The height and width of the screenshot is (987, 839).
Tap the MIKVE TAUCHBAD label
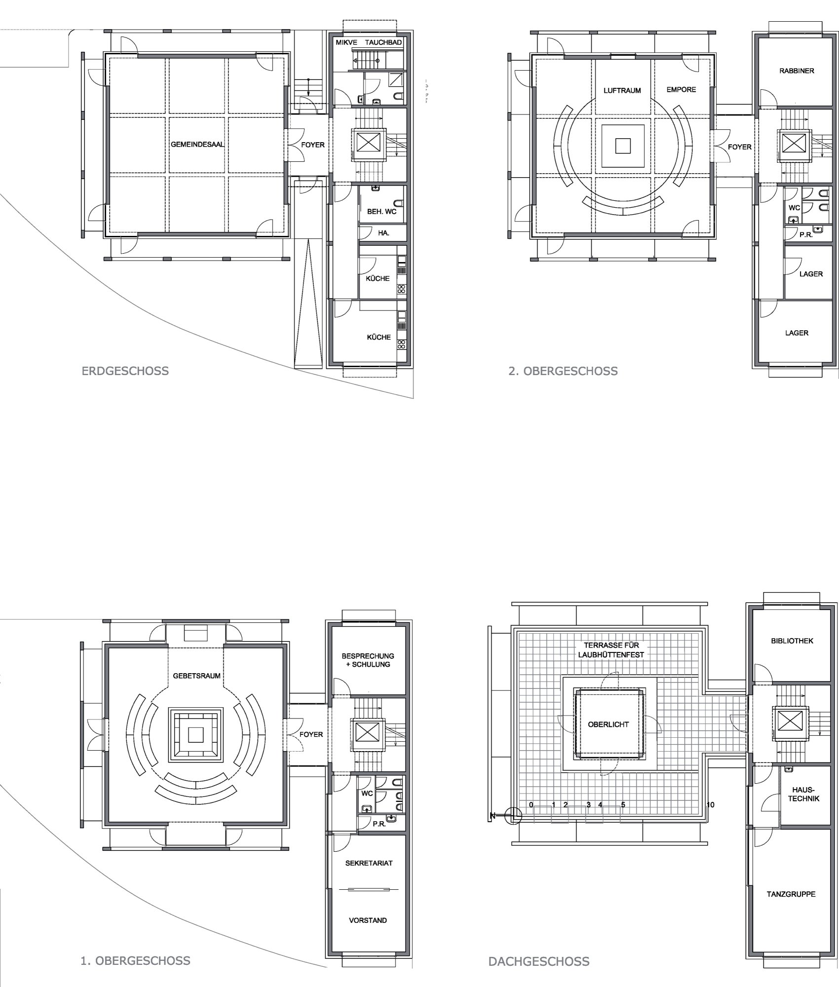pos(369,43)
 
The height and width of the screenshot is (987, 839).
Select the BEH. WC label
pos(381,212)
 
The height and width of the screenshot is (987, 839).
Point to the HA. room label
pos(383,233)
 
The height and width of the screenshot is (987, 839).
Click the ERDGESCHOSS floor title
pos(125,371)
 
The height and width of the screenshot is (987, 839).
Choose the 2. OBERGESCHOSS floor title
pos(563,371)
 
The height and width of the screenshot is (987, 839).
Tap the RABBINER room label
pos(797,71)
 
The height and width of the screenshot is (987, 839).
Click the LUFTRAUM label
pos(622,91)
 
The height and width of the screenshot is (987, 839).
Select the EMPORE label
pos(681,90)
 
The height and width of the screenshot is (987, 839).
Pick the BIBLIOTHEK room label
pos(792,641)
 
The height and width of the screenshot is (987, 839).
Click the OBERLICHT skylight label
pos(609,724)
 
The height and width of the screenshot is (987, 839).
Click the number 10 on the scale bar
pos(710,805)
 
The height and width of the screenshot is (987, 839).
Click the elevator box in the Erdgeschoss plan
pos(366,143)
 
